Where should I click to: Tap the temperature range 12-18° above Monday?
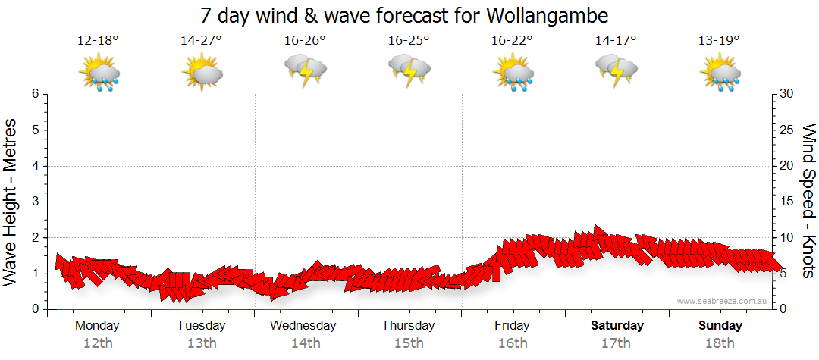click(98, 41)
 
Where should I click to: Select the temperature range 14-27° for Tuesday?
click(201, 41)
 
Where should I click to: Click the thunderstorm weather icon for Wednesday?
click(305, 73)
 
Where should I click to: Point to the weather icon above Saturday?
click(616, 73)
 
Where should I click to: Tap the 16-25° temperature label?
click(409, 41)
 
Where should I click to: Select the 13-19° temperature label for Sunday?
click(720, 41)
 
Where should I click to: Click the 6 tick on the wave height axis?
click(35, 94)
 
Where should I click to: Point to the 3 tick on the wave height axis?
click(35, 202)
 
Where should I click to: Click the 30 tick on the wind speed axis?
click(788, 94)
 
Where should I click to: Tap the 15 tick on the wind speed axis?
click(788, 202)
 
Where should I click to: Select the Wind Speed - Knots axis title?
click(808, 202)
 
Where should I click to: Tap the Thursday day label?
click(409, 326)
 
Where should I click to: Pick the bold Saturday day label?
click(617, 326)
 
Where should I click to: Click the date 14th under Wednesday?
click(305, 343)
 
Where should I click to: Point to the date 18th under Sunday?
click(720, 343)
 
